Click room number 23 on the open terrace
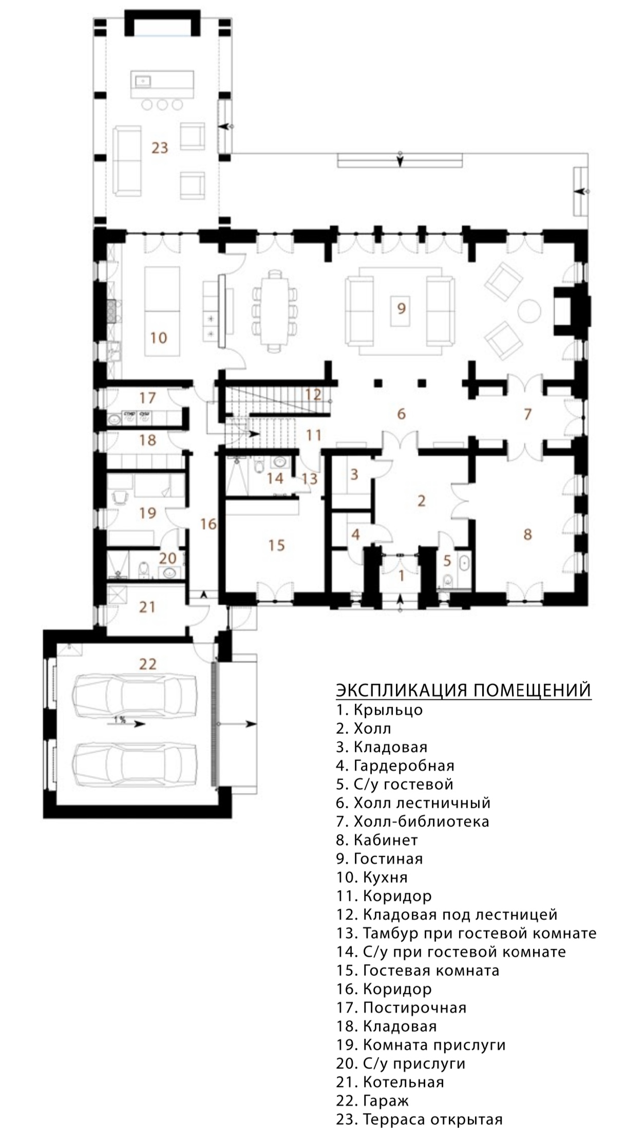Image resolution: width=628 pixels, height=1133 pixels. click(x=160, y=148)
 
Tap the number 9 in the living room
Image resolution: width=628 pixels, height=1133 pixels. click(x=402, y=308)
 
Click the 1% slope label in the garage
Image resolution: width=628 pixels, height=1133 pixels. click(x=120, y=719)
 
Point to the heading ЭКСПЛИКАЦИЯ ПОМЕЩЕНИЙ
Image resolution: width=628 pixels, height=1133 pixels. click(x=464, y=690)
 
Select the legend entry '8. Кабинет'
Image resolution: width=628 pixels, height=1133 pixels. click(x=377, y=840)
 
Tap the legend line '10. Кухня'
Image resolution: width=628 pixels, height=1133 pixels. click(x=372, y=877)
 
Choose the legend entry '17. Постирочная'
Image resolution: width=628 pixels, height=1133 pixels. click(x=402, y=1007)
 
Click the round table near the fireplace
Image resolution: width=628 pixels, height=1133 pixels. click(x=528, y=311)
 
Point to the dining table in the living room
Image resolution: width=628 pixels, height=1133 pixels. click(x=275, y=311)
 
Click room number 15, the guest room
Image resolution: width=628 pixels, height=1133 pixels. click(x=276, y=545)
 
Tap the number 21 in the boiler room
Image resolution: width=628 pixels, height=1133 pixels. click(x=147, y=607)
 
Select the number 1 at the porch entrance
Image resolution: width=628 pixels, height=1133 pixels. click(x=402, y=575)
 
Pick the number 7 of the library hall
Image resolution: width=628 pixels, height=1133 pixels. click(x=527, y=414)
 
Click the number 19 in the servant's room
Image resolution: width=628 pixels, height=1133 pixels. click(x=147, y=512)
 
